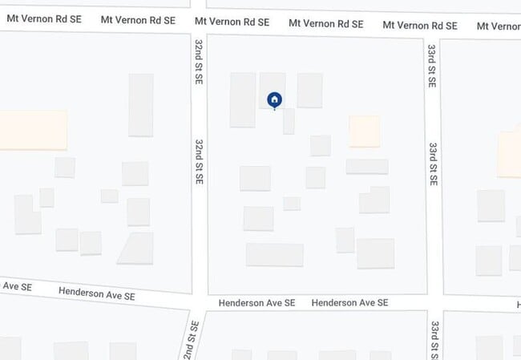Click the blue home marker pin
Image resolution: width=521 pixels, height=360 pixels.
[x=274, y=99]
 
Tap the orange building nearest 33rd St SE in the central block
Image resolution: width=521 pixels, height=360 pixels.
[x=365, y=131]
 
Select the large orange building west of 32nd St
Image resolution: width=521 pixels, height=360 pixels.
[x=32, y=130]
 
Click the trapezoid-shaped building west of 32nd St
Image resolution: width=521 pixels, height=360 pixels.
[x=136, y=249]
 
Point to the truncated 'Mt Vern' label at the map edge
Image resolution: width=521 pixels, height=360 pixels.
[x=498, y=26]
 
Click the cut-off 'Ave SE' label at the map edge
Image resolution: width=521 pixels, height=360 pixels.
[x=16, y=286]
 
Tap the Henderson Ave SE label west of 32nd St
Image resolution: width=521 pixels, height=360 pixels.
[x=96, y=295]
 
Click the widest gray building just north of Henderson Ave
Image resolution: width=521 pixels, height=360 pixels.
[x=274, y=255]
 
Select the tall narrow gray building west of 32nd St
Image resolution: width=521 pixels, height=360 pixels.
[x=140, y=105]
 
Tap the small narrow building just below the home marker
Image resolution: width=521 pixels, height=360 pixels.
[x=289, y=121]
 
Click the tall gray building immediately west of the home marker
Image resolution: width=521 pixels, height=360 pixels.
[x=242, y=100]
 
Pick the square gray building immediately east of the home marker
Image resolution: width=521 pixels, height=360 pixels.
[x=309, y=91]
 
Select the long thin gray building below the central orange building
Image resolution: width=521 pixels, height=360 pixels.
[x=367, y=167]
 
